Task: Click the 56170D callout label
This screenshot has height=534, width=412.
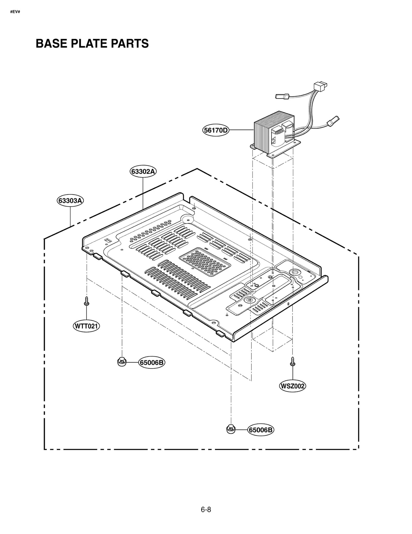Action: tap(216, 130)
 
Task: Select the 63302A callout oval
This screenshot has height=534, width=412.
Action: tap(143, 171)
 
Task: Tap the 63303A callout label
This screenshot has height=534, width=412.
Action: tap(70, 200)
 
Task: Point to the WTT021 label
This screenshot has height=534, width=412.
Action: tap(86, 326)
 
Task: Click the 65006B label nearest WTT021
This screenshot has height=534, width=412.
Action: tap(152, 363)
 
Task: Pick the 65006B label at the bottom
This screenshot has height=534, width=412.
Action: tap(261, 430)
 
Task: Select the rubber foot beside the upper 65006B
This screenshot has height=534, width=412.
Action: tap(122, 362)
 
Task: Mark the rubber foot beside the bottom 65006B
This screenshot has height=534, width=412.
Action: tap(231, 429)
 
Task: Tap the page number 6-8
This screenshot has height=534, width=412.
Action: tap(206, 510)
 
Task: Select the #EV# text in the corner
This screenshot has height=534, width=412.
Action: tap(15, 12)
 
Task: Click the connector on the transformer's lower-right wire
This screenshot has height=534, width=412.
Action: tap(333, 121)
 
